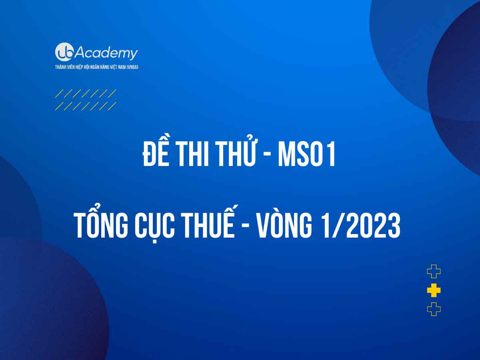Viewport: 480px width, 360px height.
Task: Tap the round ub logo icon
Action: pos(64,52)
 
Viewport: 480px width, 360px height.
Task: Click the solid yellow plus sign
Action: pos(434,290)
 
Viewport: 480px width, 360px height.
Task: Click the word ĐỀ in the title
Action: pos(156,152)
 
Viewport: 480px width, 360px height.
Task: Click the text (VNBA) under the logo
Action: pos(132,67)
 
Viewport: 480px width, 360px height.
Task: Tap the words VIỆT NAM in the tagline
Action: pos(117,67)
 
